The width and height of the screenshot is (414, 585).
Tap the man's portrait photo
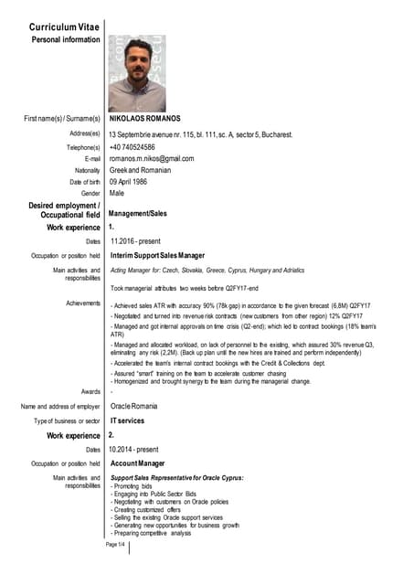(137, 74)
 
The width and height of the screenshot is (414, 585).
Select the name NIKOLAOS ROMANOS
(144, 119)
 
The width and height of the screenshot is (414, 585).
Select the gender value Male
(116, 193)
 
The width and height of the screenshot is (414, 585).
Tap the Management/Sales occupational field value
(137, 213)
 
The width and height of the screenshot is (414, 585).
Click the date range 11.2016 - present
(134, 240)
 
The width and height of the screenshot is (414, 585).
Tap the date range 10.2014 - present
(133, 449)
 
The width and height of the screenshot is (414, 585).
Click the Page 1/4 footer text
(116, 545)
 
